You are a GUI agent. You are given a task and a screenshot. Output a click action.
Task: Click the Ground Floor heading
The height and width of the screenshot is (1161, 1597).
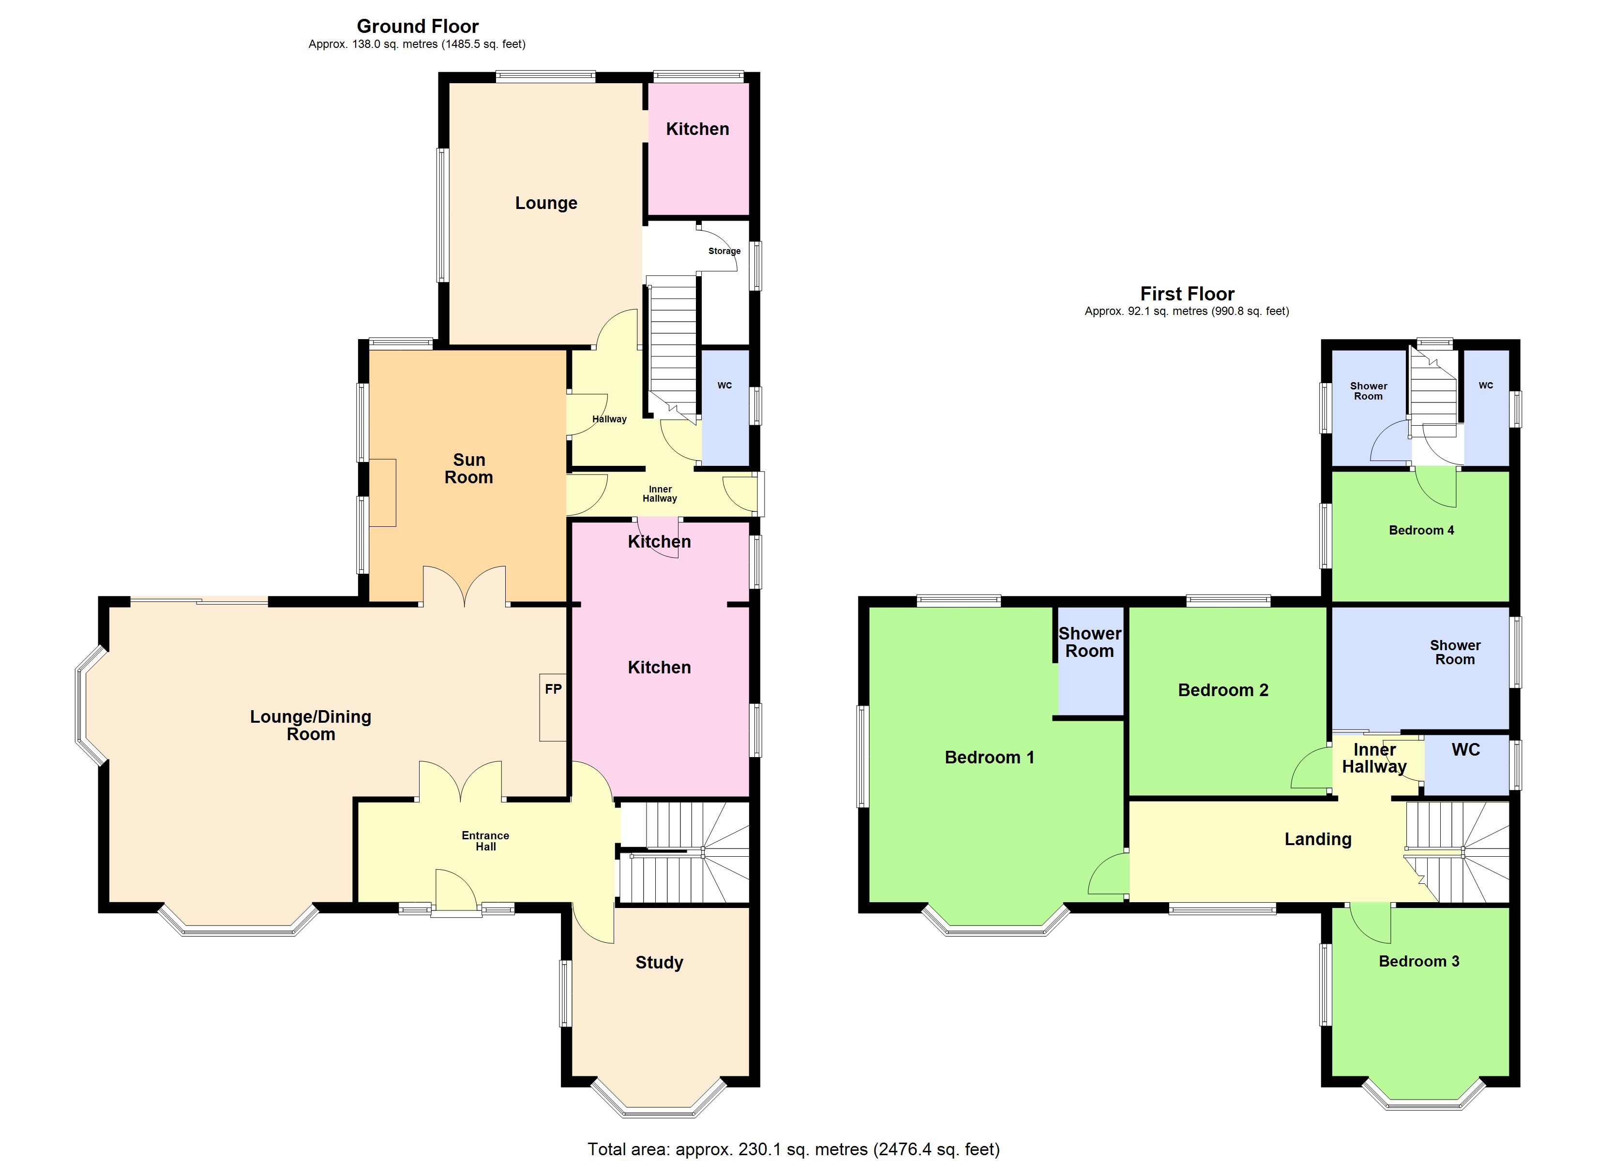click(x=418, y=27)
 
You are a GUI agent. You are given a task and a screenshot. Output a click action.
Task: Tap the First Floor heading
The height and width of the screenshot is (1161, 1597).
click(x=1187, y=294)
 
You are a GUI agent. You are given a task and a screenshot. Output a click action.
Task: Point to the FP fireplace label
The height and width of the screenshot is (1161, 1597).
click(x=554, y=689)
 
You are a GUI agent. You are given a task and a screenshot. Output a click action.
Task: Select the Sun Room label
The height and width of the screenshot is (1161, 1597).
click(x=469, y=469)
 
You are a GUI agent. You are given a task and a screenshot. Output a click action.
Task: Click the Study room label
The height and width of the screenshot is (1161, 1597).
click(x=659, y=963)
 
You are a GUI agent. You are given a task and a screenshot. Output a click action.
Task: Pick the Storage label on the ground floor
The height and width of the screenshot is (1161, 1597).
click(x=724, y=251)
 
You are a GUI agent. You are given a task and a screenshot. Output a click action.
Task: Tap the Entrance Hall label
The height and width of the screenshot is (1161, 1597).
click(x=485, y=841)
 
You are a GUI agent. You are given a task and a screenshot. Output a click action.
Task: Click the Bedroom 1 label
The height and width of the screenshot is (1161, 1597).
click(x=989, y=758)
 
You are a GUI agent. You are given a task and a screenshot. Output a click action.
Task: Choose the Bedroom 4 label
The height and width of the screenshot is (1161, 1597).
click(x=1421, y=531)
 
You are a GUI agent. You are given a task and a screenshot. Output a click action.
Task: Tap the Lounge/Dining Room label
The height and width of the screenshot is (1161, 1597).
click(x=311, y=725)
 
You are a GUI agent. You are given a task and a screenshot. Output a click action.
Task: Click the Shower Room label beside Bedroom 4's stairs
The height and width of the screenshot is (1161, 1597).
click(x=1368, y=391)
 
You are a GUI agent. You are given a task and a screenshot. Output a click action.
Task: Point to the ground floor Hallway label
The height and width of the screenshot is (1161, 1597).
click(x=609, y=419)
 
